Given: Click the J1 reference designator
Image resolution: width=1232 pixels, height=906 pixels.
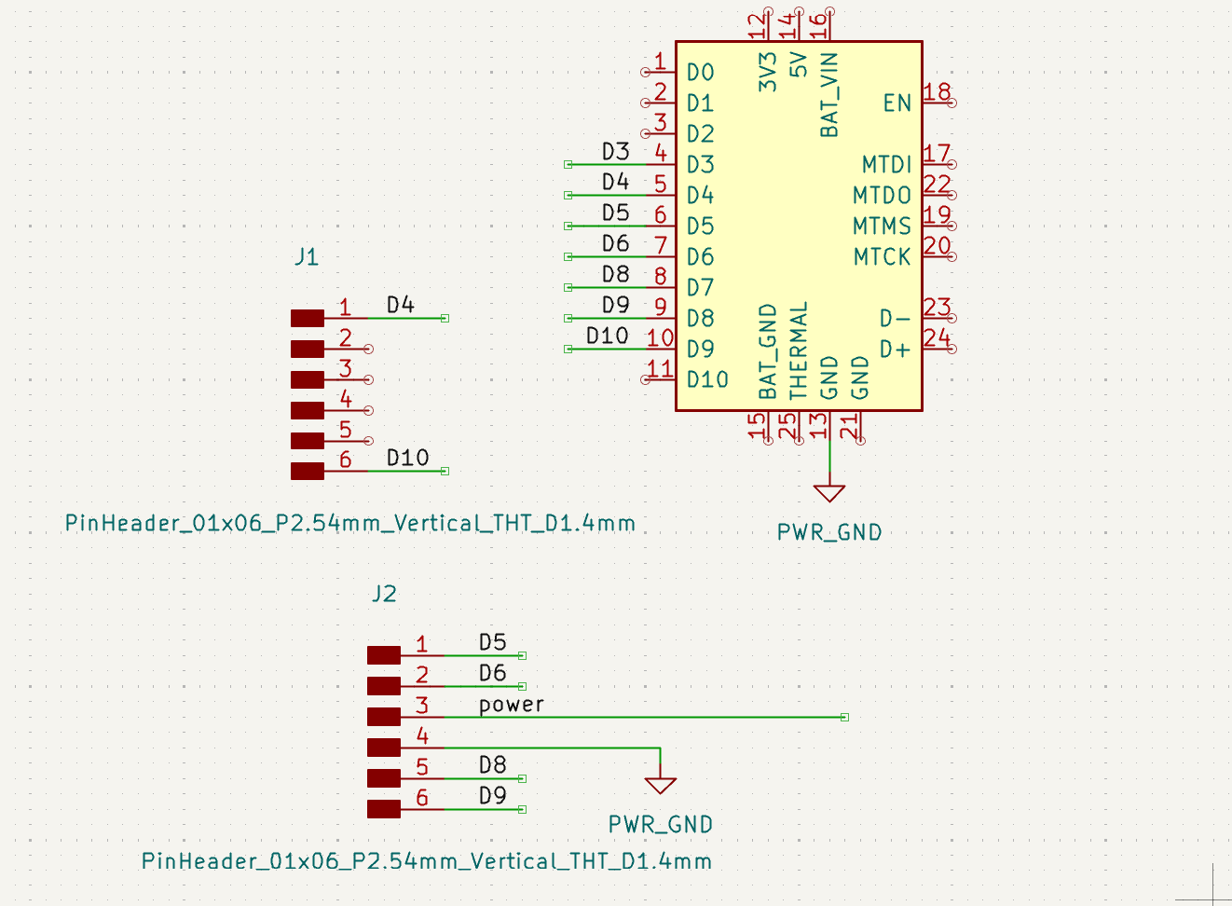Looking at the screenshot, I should click(x=307, y=257).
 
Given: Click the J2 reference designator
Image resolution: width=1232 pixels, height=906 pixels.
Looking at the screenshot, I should click(x=384, y=594).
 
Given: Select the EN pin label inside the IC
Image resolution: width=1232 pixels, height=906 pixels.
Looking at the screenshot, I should click(x=897, y=103).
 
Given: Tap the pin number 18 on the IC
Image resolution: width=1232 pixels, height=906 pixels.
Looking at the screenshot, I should click(x=937, y=91).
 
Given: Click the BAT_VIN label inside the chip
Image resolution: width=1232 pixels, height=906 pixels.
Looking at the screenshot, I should click(x=829, y=94).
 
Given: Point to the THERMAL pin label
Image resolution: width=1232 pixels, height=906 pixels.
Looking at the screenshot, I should click(x=799, y=350).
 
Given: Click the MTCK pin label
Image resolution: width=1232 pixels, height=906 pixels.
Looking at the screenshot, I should click(x=882, y=257).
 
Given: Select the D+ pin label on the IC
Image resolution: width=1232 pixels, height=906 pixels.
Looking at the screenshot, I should click(x=895, y=350).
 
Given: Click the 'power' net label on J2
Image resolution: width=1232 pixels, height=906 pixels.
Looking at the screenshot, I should click(x=511, y=705).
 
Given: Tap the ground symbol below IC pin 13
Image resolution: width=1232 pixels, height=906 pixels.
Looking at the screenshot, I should click(x=828, y=492).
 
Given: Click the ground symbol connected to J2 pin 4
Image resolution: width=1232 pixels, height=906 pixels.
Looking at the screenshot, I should click(x=660, y=785).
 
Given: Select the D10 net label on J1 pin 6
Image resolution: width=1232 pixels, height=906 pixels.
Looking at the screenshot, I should click(x=407, y=458).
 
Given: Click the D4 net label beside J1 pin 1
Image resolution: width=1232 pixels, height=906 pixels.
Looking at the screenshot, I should click(x=400, y=305).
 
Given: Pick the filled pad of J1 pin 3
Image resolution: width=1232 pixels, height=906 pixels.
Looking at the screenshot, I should click(x=308, y=379).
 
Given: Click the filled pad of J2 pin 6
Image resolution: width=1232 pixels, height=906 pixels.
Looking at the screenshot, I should click(x=384, y=809).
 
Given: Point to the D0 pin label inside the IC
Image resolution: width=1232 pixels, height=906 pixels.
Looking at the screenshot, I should click(x=700, y=73).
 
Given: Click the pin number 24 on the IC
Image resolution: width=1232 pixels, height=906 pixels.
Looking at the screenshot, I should click(x=937, y=337).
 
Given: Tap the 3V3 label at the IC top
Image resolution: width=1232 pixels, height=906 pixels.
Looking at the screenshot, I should click(x=768, y=72).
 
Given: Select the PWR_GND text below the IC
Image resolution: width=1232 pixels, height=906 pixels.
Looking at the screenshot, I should click(x=828, y=532).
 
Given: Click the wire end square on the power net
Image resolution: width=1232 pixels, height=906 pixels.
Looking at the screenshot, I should click(x=844, y=717).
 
